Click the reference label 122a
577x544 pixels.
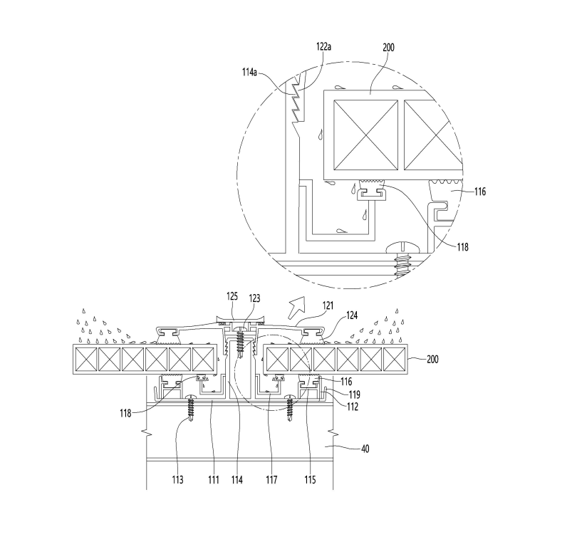[324, 47]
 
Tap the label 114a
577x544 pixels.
[249, 72]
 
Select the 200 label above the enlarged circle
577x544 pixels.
[389, 48]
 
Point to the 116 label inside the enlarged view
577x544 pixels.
[480, 192]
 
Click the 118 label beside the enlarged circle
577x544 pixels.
[463, 247]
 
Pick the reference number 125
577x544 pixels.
[232, 296]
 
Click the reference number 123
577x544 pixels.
[254, 298]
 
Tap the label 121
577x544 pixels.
[328, 305]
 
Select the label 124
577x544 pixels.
[352, 315]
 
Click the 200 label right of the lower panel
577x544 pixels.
[432, 359]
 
